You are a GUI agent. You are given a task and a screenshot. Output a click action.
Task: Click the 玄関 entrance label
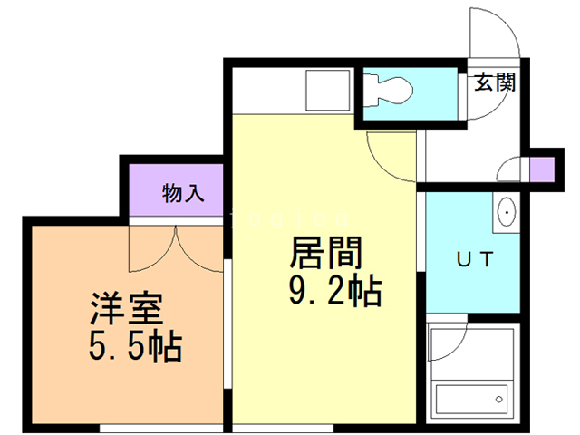496,83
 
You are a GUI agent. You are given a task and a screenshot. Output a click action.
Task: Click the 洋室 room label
126,310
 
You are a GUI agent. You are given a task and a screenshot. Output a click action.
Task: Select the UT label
473,260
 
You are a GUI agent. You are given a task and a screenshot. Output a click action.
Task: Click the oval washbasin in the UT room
506,211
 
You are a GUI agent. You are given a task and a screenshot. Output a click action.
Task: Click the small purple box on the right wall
541,169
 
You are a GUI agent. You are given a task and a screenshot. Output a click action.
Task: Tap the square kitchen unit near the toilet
323,89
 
